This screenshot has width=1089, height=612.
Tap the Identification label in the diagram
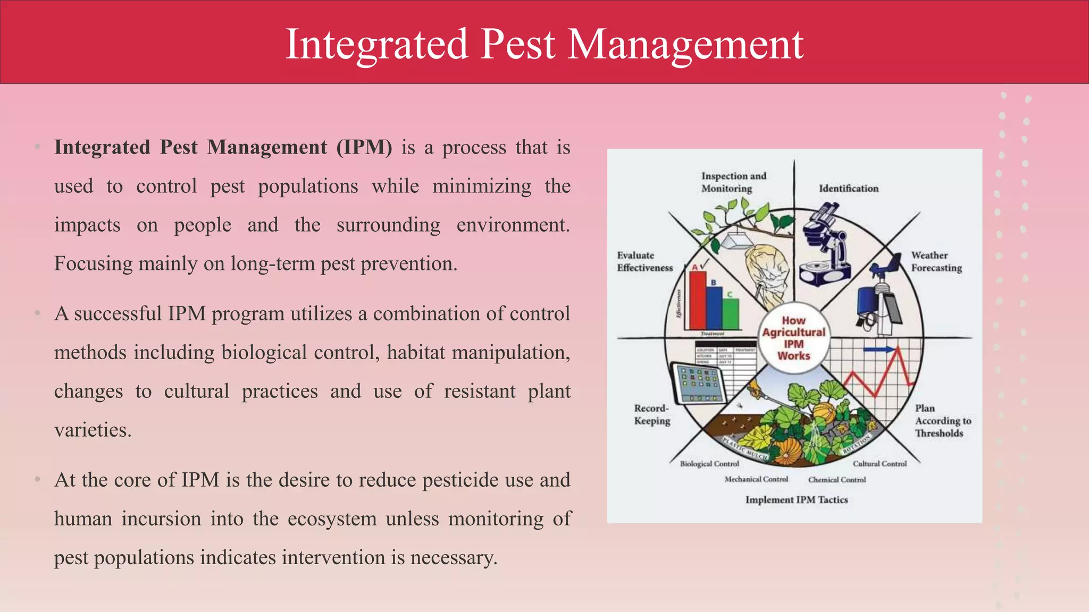848,189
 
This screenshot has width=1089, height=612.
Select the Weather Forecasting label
936,261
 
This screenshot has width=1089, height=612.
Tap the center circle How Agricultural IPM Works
793,338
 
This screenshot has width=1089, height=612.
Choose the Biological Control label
709,464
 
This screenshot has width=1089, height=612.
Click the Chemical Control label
837,480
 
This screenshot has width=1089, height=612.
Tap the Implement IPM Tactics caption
796,500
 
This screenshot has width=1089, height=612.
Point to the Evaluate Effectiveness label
644,261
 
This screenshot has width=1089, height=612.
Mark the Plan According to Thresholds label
942,421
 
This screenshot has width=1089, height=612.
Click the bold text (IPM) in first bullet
364,148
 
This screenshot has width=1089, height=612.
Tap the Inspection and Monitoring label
733,182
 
